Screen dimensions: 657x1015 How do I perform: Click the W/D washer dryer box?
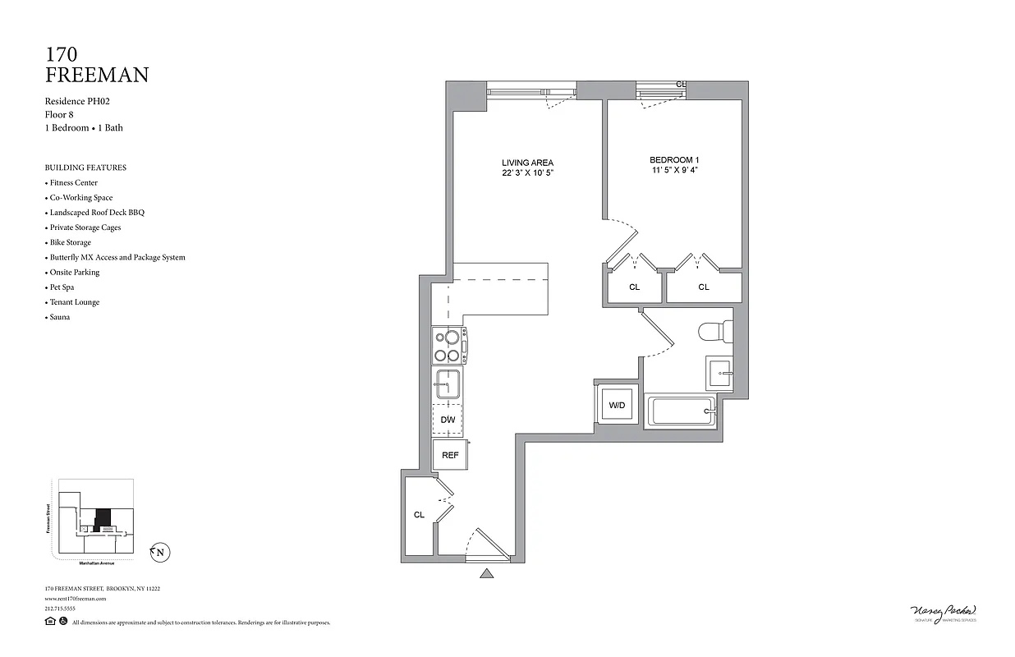616,404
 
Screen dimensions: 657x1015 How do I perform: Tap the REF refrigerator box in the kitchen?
449,454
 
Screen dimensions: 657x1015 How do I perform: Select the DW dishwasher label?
448,420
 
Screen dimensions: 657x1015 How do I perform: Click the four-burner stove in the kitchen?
448,345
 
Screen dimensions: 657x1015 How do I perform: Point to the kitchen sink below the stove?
448,384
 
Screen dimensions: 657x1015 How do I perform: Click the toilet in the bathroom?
714,332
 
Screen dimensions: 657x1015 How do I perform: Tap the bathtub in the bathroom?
679,411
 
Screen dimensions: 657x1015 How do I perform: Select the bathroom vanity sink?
718,374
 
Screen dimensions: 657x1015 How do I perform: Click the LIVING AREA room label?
527,162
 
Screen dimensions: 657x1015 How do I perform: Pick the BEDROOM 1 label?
673,159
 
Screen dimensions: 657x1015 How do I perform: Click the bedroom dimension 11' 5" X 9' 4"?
673,171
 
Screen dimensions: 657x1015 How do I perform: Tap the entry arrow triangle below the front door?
487,573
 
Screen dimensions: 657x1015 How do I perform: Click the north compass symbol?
159,553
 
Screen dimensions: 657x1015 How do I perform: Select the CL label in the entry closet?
419,515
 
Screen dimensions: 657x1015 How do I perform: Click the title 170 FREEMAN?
97,65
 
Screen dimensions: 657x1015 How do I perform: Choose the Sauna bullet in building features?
59,317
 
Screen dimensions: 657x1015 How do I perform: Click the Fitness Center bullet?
73,182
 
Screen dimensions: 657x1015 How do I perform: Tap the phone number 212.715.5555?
61,609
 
